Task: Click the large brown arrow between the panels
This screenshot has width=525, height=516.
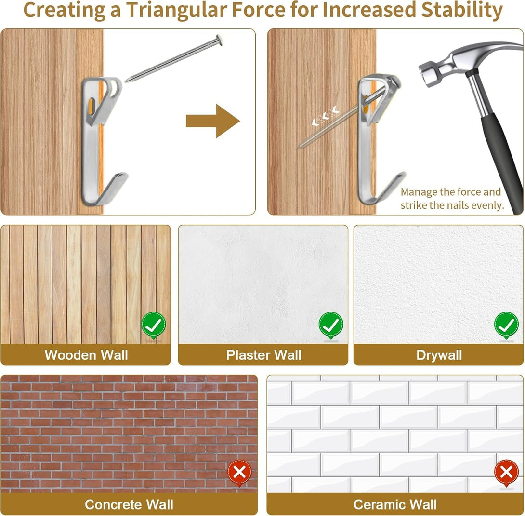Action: (212, 121)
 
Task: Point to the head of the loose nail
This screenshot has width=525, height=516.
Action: (219, 40)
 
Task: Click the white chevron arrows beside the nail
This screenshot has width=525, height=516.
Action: (325, 116)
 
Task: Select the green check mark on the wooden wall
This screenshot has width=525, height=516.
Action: (153, 325)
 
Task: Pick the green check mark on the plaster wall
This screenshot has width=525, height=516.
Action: (331, 325)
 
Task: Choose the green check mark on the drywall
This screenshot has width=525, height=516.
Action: (506, 325)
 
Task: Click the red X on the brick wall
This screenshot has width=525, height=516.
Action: (239, 473)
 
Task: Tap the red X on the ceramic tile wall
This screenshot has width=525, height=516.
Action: (506, 473)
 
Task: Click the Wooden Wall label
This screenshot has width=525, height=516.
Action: (86, 355)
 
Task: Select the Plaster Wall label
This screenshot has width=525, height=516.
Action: (263, 355)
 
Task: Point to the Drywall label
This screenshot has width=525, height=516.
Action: (439, 355)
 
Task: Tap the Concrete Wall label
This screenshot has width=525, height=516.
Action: (129, 504)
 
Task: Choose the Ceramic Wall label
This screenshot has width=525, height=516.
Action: (395, 504)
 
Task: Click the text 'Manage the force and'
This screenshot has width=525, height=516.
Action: (451, 192)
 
